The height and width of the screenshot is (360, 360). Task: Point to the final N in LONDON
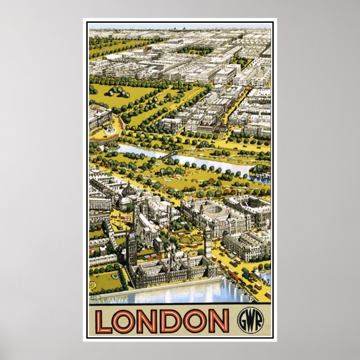(x=219, y=320)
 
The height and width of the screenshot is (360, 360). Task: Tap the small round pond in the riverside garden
(x=115, y=276)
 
